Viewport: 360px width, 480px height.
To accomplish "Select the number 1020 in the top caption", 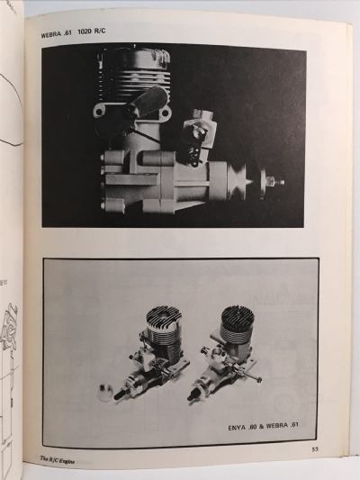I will point(97,36).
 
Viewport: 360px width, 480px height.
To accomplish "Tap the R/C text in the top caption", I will point(117,36).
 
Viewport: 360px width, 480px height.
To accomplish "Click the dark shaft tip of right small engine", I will point(193,394).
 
